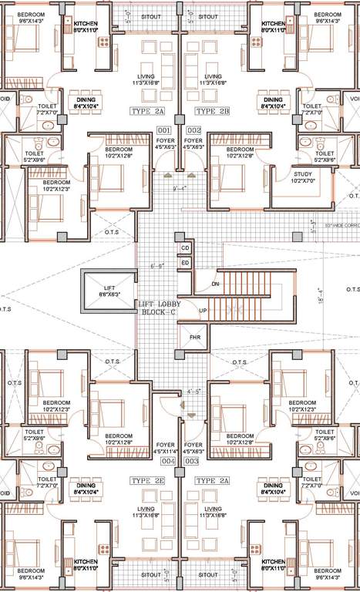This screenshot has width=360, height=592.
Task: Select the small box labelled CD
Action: tap(185, 248)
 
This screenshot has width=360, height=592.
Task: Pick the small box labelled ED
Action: tap(185, 263)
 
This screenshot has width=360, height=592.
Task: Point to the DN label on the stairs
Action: tap(215, 284)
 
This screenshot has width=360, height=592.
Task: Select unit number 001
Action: tap(163, 129)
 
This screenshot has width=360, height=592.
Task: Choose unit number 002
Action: tap(193, 129)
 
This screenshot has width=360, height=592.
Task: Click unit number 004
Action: tap(167, 460)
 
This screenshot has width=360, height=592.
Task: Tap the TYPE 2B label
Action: tap(214, 112)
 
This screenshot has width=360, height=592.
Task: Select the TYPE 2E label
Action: tap(148, 479)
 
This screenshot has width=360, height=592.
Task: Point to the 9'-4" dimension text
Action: tap(180, 187)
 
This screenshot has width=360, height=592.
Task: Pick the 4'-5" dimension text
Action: tap(193, 391)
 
